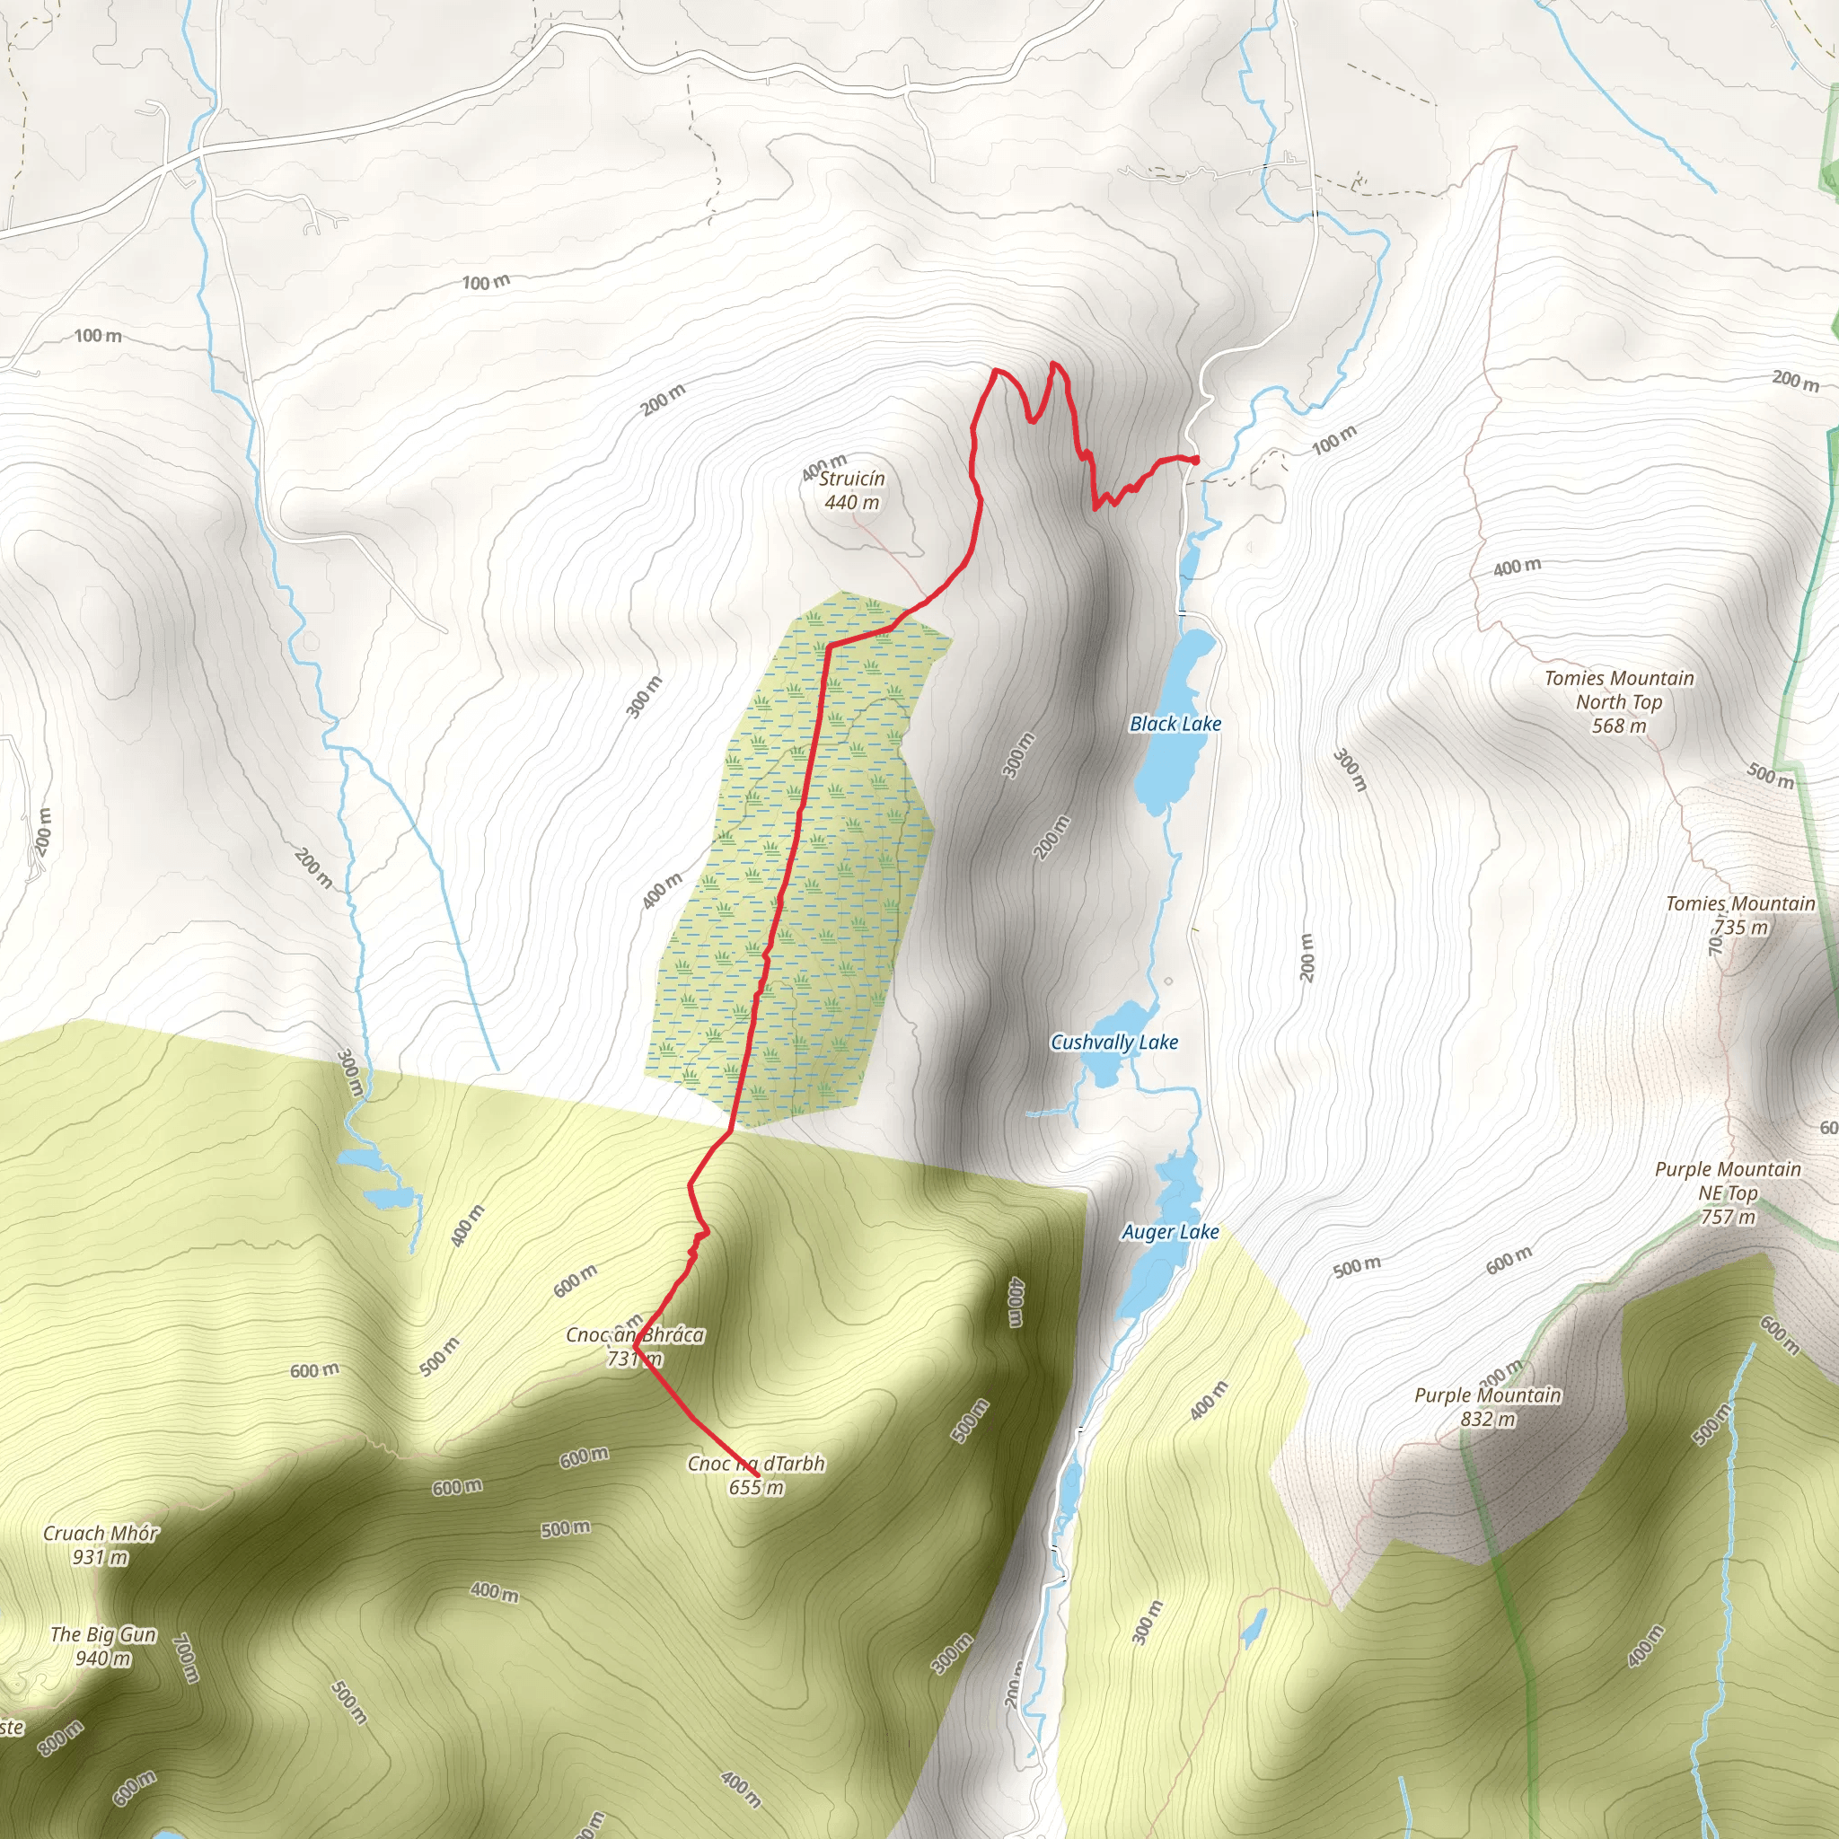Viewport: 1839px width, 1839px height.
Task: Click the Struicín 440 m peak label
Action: pyautogui.click(x=852, y=490)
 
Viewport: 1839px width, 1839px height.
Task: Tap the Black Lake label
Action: pyautogui.click(x=1175, y=724)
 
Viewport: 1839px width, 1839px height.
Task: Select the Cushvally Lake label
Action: pyautogui.click(x=1113, y=1043)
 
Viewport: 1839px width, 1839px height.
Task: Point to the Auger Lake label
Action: pyautogui.click(x=1170, y=1232)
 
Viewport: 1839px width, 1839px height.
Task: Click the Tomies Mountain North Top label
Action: pyautogui.click(x=1619, y=701)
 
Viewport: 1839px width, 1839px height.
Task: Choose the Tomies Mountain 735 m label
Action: pyautogui.click(x=1740, y=915)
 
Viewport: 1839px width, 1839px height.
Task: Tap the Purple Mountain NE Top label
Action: pyautogui.click(x=1728, y=1192)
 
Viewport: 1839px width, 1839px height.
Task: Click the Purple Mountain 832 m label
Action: pyautogui.click(x=1488, y=1407)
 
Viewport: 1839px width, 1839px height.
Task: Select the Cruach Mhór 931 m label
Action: pyautogui.click(x=101, y=1544)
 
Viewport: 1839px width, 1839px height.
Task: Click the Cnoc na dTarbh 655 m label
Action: pyautogui.click(x=756, y=1475)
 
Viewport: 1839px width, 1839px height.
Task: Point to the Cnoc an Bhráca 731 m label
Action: pyautogui.click(x=635, y=1347)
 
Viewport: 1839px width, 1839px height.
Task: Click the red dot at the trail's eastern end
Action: pyautogui.click(x=1194, y=461)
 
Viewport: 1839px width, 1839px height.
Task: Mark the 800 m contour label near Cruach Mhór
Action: pyautogui.click(x=60, y=1738)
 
